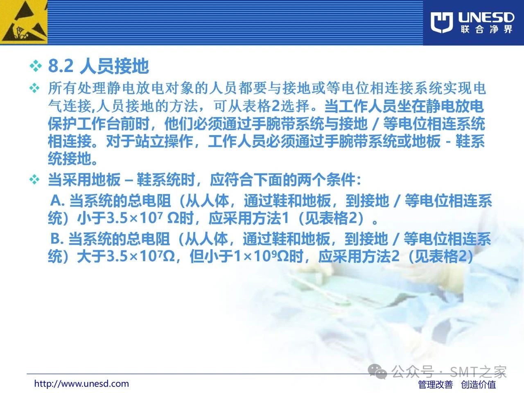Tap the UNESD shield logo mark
click(442, 23)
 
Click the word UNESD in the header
click(486, 18)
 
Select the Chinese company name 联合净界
click(486, 29)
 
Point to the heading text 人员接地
click(114, 66)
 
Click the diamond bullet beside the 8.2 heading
click(36, 66)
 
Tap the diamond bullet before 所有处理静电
click(34, 88)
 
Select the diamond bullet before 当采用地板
click(34, 179)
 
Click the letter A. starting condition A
click(57, 201)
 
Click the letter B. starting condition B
click(57, 238)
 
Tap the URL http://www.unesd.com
click(81, 384)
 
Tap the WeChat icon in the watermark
click(377, 371)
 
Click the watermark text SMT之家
click(478, 372)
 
